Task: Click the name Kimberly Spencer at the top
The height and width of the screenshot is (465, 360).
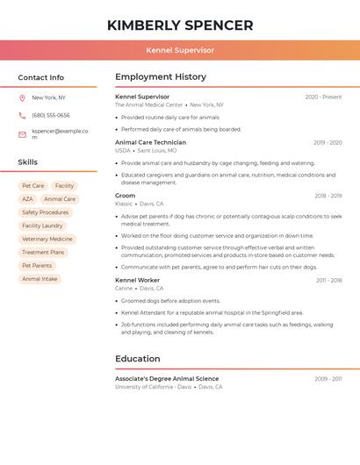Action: (180, 25)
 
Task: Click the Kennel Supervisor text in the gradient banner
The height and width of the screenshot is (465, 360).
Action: (180, 50)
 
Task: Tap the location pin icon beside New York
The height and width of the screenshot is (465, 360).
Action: (22, 98)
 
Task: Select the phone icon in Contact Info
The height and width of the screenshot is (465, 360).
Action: (22, 115)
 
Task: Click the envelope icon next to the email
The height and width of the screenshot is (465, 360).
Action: (22, 134)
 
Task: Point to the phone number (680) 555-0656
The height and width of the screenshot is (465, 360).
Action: (51, 115)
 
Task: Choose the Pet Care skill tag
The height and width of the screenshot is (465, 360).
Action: (33, 186)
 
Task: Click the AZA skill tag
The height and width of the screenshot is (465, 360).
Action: (27, 199)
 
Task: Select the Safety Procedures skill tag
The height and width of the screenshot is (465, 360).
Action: (45, 212)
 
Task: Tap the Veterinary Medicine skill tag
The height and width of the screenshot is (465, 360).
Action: (47, 239)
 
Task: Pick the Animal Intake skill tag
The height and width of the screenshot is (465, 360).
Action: (40, 279)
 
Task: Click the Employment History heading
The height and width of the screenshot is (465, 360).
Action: (161, 77)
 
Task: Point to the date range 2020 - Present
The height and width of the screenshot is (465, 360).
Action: (323, 97)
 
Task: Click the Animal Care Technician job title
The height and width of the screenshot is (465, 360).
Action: (150, 142)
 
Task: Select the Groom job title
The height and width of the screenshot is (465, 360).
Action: (126, 196)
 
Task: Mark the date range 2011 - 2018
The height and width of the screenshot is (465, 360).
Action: (328, 281)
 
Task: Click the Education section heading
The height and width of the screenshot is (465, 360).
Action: (138, 359)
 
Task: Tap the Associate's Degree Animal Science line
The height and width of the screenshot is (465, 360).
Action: (167, 379)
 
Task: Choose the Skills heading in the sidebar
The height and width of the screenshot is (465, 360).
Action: (28, 162)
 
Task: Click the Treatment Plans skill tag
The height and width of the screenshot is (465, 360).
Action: (43, 252)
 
